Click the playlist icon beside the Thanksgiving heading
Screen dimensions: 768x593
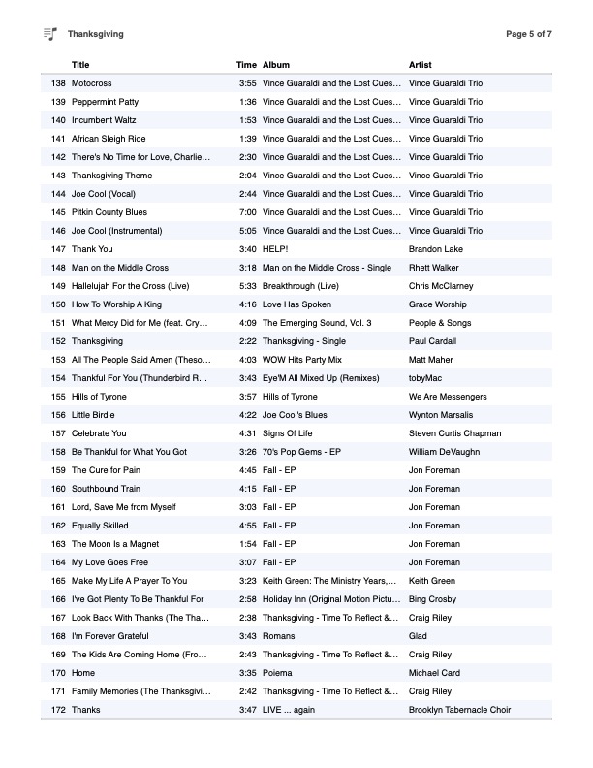(x=50, y=34)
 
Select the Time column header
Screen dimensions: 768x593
(x=246, y=65)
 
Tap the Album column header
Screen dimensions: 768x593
(x=276, y=65)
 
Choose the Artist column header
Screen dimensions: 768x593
(x=421, y=65)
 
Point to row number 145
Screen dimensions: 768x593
(x=58, y=212)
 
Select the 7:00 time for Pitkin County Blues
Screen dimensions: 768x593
(x=248, y=212)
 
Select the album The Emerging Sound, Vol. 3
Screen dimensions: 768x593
(x=317, y=323)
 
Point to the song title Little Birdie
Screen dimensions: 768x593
(x=95, y=415)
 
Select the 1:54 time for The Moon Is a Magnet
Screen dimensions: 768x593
(x=248, y=544)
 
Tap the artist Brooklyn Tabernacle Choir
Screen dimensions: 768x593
(x=460, y=710)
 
